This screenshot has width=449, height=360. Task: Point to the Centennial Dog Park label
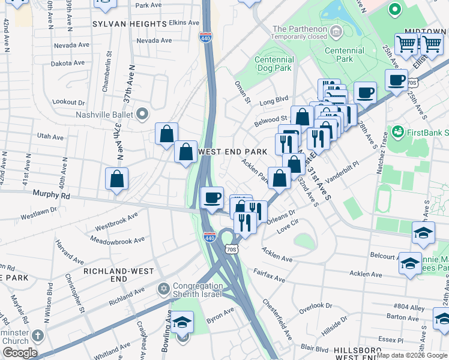click(x=274, y=64)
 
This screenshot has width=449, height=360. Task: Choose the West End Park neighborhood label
click(x=232, y=152)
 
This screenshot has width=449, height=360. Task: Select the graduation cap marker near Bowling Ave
click(x=182, y=323)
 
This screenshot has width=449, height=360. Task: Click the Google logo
click(x=19, y=353)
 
